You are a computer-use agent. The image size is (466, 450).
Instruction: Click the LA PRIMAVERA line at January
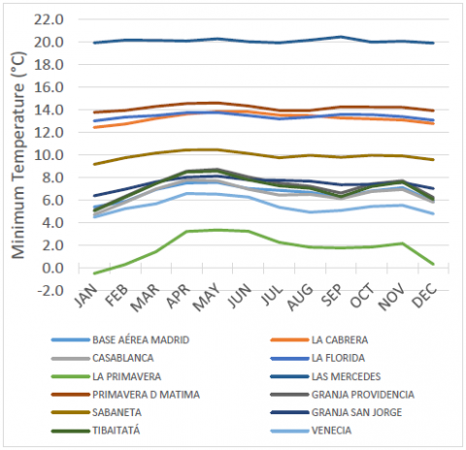pyautogui.click(x=95, y=273)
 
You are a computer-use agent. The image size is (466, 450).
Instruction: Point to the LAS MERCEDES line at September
pyautogui.click(x=339, y=37)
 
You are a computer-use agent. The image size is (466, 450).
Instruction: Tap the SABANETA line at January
pyautogui.click(x=95, y=164)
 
